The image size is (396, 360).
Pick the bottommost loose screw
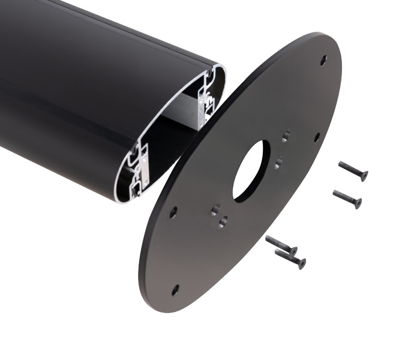click(x=290, y=258)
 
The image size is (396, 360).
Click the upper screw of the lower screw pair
click(x=281, y=244)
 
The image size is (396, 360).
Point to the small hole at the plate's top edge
click(x=323, y=60)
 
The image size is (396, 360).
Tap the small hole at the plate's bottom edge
click(x=175, y=290)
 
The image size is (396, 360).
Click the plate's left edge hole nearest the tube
click(x=173, y=212)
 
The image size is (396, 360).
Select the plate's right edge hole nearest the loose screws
click(x=317, y=137)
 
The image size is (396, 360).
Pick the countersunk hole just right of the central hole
click(x=278, y=163)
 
